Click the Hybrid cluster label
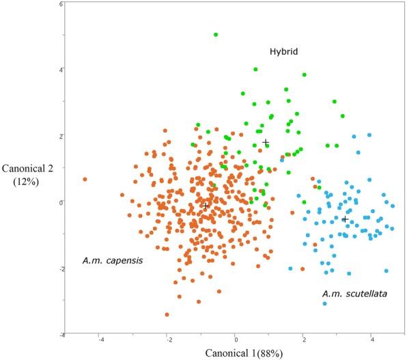click(283, 52)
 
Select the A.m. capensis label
click(113, 260)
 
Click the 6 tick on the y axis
click(61, 4)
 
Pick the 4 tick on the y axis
click(61, 70)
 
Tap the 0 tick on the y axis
click(61, 202)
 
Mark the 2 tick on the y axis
click(61, 136)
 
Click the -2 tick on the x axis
click(167, 339)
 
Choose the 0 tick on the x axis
click(236, 339)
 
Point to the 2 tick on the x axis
click(303, 339)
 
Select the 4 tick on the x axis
click(371, 339)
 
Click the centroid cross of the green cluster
click(266, 143)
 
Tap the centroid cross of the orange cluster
click(206, 206)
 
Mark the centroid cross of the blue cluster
click(345, 219)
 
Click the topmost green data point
click(216, 34)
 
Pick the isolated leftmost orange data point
click(85, 180)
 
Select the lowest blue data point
click(325, 303)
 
